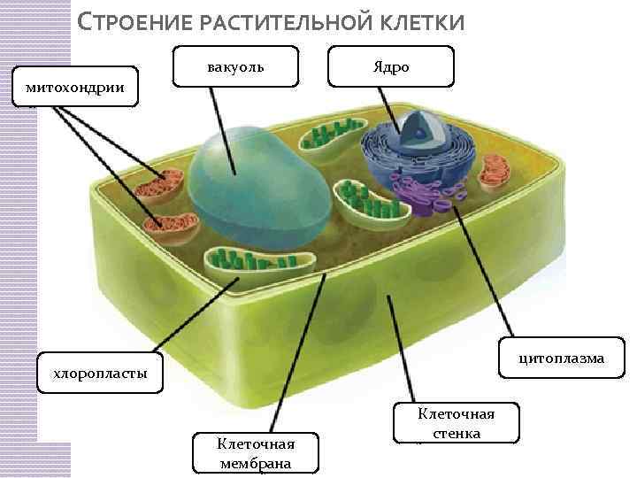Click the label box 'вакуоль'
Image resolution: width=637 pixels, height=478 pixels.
(234, 66)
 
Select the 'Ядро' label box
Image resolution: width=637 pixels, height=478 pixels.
(390, 66)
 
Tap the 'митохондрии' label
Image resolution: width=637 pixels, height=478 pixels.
(75, 86)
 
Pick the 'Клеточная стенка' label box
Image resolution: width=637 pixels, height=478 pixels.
(457, 423)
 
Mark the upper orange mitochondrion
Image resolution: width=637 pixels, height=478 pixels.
(161, 184)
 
